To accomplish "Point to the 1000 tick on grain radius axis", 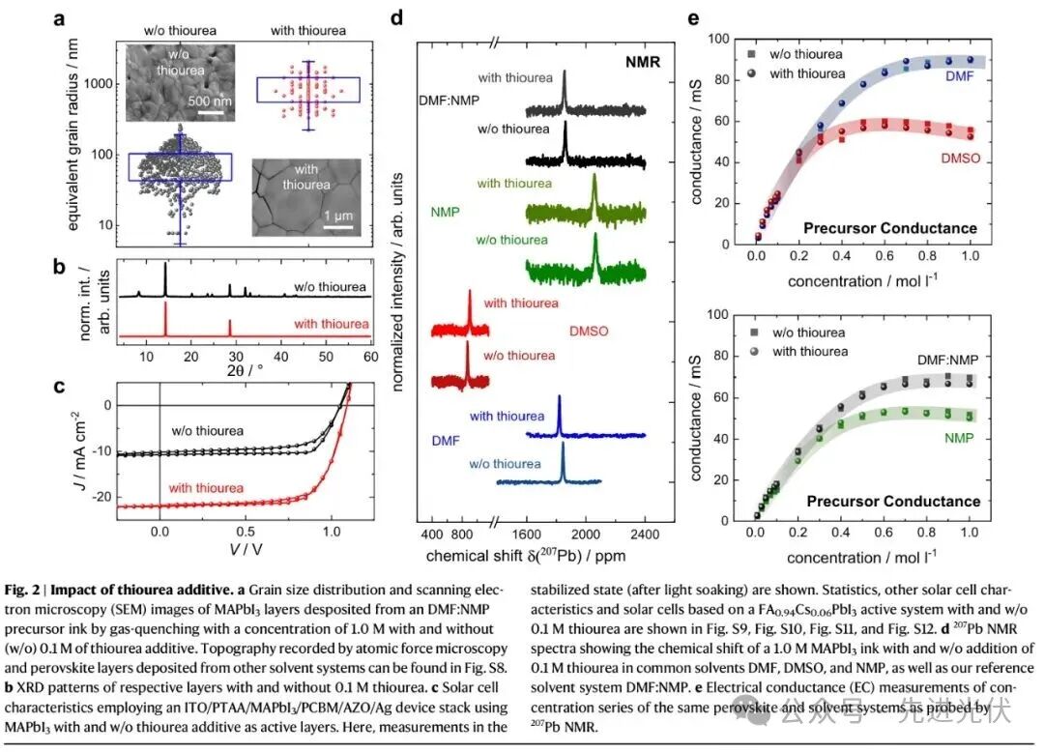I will click(96, 84).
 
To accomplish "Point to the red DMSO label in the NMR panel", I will click(589, 331).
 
